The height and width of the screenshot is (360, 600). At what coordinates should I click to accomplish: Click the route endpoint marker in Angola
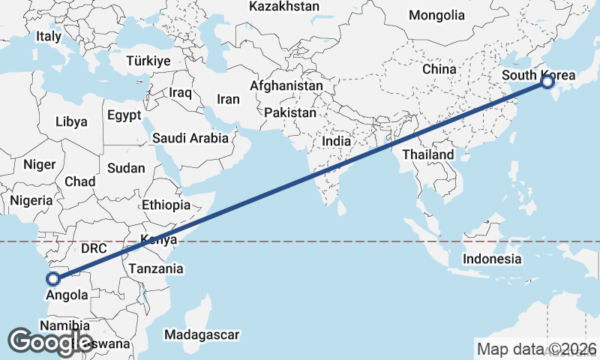point(53,279)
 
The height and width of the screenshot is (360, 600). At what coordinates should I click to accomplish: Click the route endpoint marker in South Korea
point(547,82)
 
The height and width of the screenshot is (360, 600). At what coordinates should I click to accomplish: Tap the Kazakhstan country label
point(284,7)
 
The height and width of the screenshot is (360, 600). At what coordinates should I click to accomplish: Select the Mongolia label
point(436,15)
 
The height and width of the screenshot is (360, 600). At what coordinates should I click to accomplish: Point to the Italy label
point(49,36)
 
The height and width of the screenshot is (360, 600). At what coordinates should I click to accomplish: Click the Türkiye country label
point(148,61)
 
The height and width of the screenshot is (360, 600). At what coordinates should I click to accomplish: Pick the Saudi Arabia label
point(190,138)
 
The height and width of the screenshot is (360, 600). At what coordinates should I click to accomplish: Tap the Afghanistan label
point(286,85)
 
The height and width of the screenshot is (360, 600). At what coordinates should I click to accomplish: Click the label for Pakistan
point(291,112)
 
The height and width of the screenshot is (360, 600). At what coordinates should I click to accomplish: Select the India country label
point(337,141)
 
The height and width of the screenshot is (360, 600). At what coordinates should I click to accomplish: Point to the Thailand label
point(428,154)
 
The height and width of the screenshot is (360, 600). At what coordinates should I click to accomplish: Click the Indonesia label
point(492,259)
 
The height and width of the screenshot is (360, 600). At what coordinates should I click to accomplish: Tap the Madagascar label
point(202,334)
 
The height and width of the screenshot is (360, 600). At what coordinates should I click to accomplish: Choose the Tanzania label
point(156,268)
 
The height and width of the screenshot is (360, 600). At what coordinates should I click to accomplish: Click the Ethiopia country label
point(166,204)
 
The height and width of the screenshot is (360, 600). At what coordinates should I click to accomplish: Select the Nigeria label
point(31,200)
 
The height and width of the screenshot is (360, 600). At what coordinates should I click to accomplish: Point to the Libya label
point(71,121)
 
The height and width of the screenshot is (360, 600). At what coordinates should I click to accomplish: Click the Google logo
point(50,342)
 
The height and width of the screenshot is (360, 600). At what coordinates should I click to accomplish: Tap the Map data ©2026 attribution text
point(537,348)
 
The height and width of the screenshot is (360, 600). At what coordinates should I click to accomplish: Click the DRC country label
point(94,248)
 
